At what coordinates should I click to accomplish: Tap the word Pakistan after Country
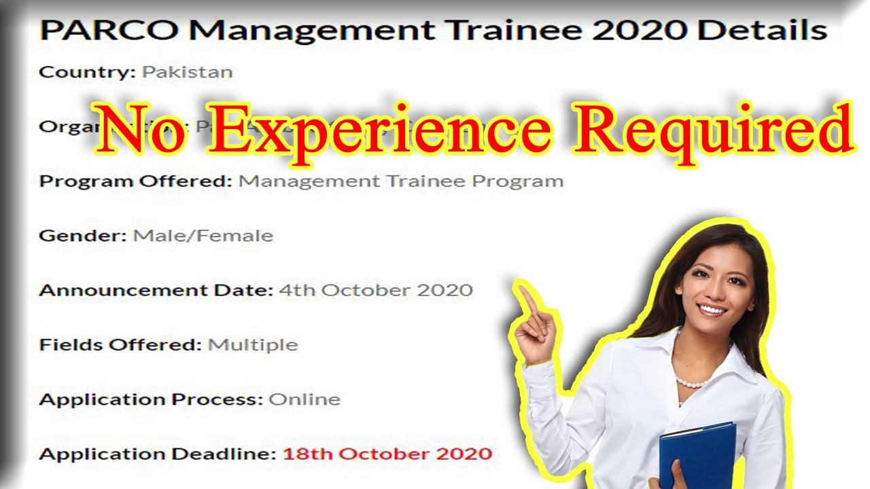coord(187,72)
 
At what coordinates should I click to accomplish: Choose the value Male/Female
coord(203,236)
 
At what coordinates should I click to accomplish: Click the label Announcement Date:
coord(156,290)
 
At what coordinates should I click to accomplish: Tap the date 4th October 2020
coord(375,290)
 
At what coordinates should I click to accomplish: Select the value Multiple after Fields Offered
coord(252,344)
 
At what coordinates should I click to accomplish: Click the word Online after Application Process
coord(304,399)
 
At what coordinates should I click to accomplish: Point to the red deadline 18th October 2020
coord(387,453)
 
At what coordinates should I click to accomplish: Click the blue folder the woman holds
coord(697,455)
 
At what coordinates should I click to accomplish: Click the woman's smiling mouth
coord(712,309)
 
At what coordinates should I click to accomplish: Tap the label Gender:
coord(82,236)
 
